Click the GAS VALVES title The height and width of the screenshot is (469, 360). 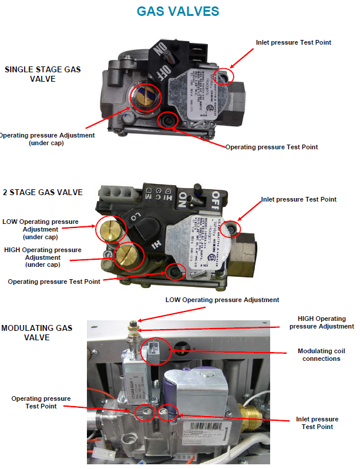tap(178, 11)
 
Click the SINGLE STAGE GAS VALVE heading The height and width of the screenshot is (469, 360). tap(42, 73)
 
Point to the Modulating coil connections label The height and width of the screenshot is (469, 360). tap(319, 355)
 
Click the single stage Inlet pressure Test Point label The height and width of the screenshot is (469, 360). tap(294, 42)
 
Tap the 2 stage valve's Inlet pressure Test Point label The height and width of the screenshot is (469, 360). tap(298, 199)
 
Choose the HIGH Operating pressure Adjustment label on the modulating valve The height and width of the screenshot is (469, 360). tap(322, 322)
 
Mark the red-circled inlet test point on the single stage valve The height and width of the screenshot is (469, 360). tap(226, 75)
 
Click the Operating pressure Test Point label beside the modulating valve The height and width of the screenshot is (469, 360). tap(41, 402)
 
